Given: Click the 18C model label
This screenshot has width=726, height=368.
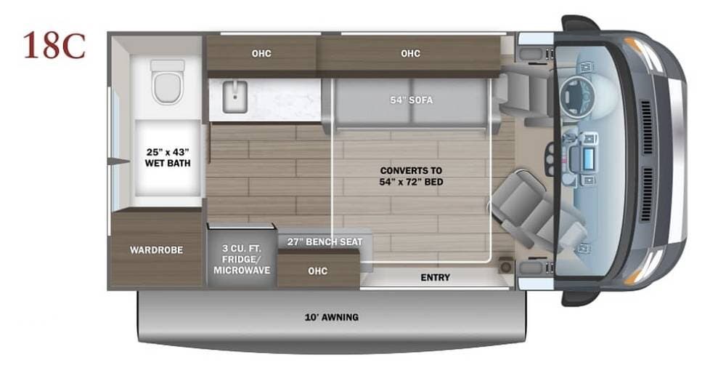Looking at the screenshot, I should point(54,45).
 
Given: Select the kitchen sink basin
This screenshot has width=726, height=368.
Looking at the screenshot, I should point(234,97).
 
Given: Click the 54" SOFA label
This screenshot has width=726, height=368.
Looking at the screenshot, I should point(411,100).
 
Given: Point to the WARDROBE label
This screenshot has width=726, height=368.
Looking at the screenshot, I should point(156,250).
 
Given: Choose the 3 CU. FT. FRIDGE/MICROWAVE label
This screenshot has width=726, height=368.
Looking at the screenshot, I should point(242,259).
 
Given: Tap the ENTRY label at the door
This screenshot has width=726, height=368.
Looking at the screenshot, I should point(435,277).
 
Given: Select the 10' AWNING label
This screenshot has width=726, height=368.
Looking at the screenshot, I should point(330,317).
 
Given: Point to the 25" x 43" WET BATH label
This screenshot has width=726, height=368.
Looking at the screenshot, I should point(168,158).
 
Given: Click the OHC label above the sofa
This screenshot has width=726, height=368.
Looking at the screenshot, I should point(410,53).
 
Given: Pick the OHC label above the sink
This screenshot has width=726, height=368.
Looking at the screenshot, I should point(261,53).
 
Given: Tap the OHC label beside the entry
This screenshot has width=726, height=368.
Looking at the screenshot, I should point(317,271).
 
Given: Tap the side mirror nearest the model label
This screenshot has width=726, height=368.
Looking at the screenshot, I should point(581,24).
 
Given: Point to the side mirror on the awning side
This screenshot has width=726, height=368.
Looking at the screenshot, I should point(581,297).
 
